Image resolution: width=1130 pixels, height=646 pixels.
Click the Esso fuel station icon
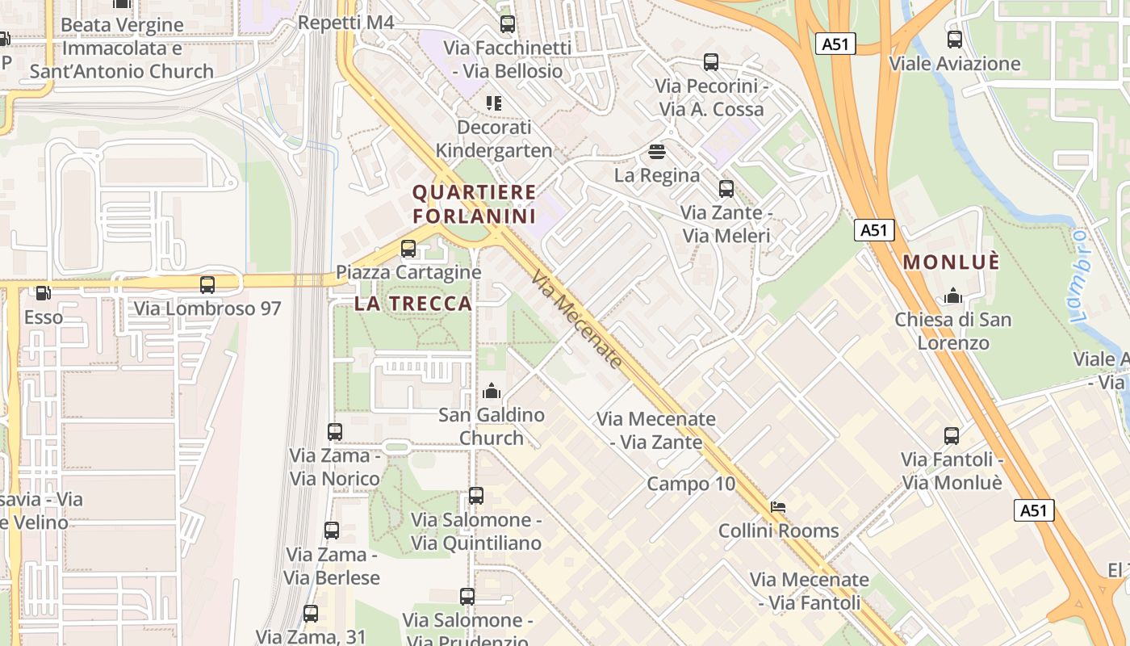tap(42, 293)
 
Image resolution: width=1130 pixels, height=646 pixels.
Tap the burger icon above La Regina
tap(656, 151)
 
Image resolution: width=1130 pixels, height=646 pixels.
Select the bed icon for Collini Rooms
tap(778, 507)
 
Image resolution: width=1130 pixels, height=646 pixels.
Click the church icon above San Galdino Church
tap(491, 392)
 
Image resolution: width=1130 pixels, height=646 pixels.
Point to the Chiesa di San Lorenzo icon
tap(953, 296)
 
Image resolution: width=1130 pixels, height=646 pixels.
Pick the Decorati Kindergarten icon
tap(493, 103)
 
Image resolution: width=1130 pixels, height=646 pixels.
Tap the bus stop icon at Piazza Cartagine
tap(408, 249)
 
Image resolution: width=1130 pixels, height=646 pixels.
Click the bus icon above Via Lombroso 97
tap(207, 284)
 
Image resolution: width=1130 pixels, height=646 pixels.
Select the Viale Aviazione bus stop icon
tap(955, 39)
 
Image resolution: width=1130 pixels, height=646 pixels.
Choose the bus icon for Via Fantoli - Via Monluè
tap(952, 436)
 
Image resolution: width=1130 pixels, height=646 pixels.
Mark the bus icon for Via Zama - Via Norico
tap(335, 432)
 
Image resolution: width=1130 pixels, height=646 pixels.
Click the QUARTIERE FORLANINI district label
tap(474, 204)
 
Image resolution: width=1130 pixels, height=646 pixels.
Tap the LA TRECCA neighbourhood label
tap(413, 304)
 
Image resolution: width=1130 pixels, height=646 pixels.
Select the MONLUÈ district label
tap(952, 262)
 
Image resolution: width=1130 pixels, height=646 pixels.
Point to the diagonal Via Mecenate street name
tap(577, 320)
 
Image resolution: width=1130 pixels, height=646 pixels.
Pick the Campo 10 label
tap(691, 484)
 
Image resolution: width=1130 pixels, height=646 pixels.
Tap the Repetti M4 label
tap(345, 23)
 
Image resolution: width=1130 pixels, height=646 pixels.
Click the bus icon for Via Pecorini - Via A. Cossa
tap(711, 62)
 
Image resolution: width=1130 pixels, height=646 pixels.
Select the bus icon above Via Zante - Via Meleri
tap(726, 189)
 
